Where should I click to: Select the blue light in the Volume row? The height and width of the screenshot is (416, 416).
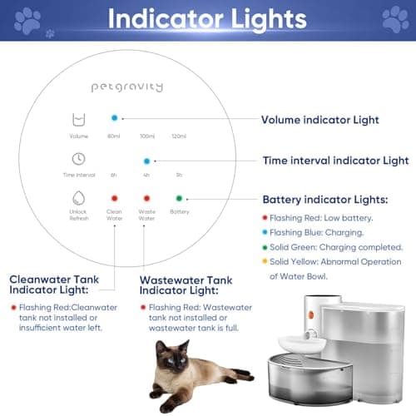point(114,117)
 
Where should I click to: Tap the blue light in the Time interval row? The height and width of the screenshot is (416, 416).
point(147,161)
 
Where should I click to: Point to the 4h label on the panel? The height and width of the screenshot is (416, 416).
point(147,175)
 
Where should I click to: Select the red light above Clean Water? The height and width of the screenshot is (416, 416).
point(114,199)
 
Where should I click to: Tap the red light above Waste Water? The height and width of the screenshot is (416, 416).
point(147,199)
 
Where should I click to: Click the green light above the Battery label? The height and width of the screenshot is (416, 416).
point(179,198)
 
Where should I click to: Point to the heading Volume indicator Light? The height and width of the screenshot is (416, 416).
point(321,120)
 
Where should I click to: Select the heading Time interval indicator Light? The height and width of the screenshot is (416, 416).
point(335,161)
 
